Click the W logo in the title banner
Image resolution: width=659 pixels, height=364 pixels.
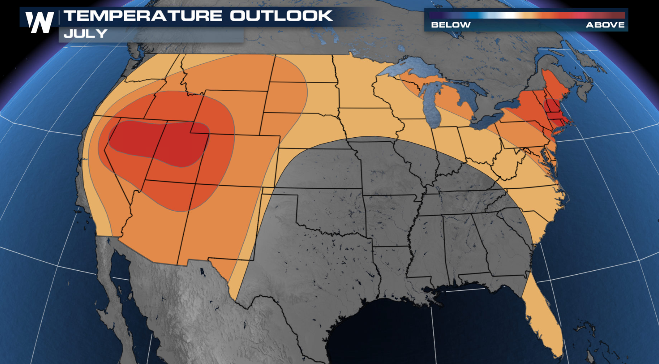tap(39, 22)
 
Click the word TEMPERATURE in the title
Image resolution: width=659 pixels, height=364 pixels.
tap(143, 16)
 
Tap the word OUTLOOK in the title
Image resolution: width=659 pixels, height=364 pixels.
tap(281, 16)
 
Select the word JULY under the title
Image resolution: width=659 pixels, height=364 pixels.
tap(85, 34)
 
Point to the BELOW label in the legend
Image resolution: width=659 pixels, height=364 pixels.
tap(451, 25)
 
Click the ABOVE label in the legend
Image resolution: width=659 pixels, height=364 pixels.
tap(605, 25)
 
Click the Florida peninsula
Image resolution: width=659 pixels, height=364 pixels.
tap(545, 320)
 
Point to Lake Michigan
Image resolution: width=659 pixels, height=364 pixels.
tap(433, 105)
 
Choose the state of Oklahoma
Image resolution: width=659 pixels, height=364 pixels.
tap(332, 211)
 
